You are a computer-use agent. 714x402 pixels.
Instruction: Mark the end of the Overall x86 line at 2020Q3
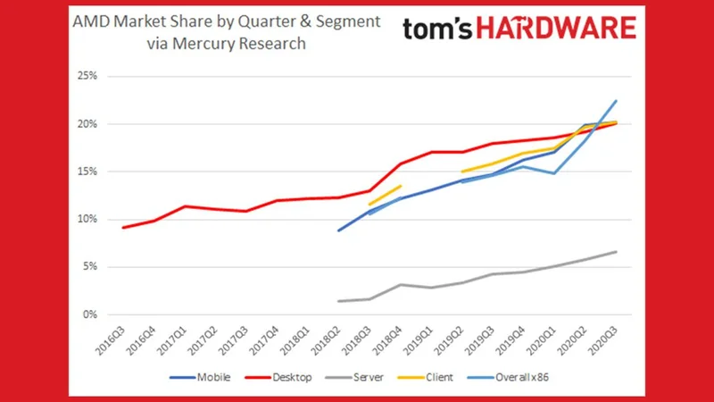616,100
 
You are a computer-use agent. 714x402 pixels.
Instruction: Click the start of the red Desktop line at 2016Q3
123,227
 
